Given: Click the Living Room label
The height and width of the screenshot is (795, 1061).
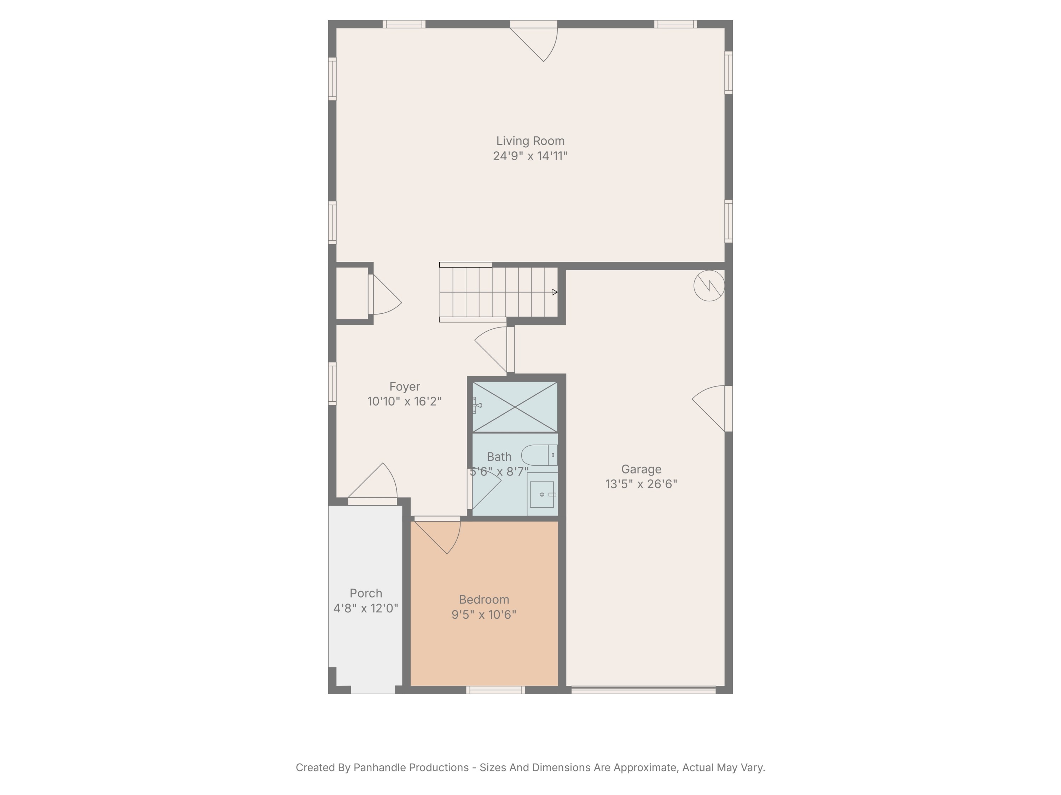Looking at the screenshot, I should tap(530, 141).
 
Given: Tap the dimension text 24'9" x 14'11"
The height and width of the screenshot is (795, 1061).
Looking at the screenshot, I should tap(530, 156).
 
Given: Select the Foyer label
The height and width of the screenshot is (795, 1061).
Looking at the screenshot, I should tap(404, 387).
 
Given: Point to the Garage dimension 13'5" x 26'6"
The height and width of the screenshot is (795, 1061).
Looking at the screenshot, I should tap(641, 484).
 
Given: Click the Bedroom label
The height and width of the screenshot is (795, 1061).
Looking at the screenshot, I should tap(483, 600).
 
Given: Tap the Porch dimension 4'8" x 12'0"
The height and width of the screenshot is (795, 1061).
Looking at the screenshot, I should tap(365, 608).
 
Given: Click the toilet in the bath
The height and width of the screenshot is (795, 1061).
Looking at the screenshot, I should tap(539, 455).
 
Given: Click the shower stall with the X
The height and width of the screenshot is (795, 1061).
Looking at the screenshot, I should tap(515, 407).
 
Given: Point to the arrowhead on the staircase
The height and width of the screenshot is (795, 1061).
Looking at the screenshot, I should tap(555, 292).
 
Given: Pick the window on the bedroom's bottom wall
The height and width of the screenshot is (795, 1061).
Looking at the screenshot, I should tap(495, 690).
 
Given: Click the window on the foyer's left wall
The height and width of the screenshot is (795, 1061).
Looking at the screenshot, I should tap(332, 383).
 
